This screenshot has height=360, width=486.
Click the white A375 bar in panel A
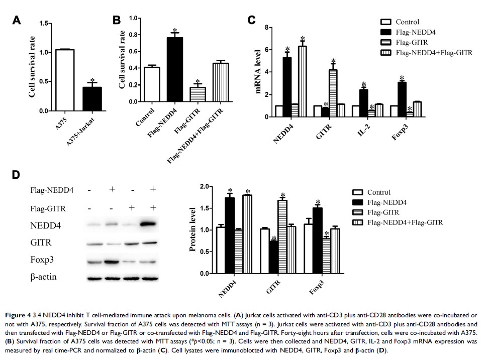point(65,80)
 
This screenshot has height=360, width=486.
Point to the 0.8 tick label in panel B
point(134,35)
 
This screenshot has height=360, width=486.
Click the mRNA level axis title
point(259,71)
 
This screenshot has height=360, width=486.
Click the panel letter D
point(17,175)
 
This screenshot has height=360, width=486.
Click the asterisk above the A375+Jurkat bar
point(92,80)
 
